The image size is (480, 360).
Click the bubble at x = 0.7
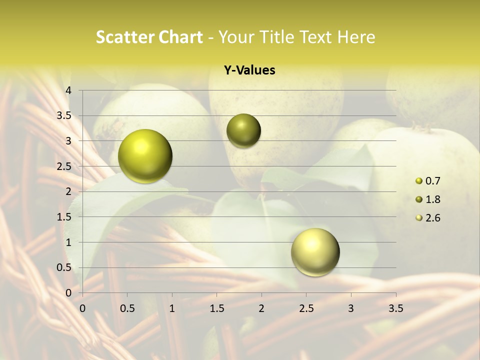145,156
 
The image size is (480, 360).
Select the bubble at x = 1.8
243,131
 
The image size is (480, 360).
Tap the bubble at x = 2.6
315,252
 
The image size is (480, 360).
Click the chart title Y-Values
249,70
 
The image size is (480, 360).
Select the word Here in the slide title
356,37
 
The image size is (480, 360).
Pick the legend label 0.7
432,181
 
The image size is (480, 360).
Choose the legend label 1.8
432,199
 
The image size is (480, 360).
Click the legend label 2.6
432,218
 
